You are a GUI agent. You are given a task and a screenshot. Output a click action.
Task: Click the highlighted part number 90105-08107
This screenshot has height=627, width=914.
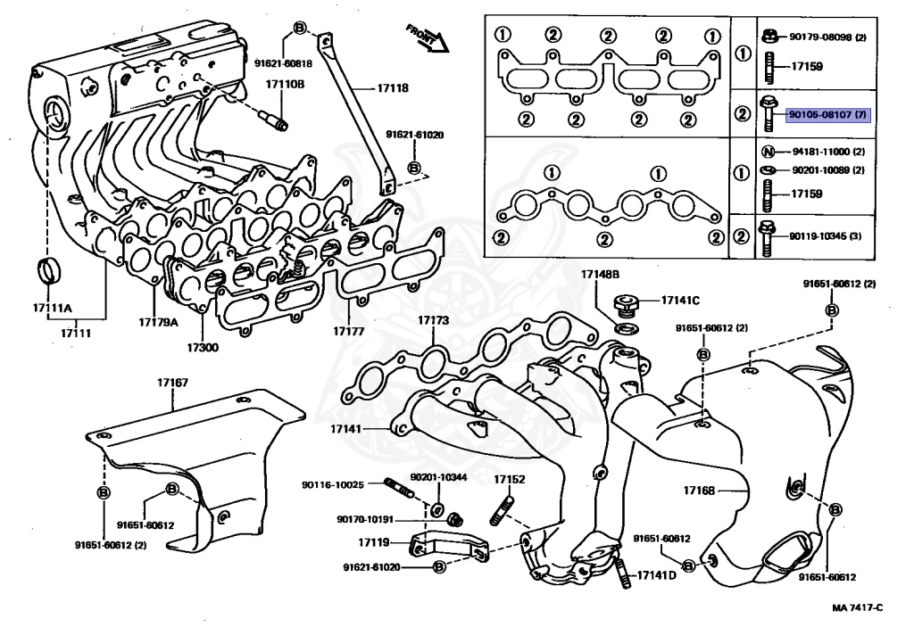click(x=827, y=115)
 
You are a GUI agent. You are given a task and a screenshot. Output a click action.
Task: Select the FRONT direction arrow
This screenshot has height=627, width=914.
click(x=425, y=38)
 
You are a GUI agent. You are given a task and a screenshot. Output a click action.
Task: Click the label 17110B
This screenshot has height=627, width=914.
click(x=284, y=84)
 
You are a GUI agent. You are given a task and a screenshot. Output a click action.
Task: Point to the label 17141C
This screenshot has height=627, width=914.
click(x=680, y=300)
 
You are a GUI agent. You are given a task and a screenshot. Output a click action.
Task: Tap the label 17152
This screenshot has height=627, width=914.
click(x=510, y=479)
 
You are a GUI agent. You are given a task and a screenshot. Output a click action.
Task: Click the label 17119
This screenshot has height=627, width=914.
click(x=374, y=542)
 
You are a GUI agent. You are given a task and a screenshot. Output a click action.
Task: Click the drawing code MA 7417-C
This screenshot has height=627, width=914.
click(x=857, y=607)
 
